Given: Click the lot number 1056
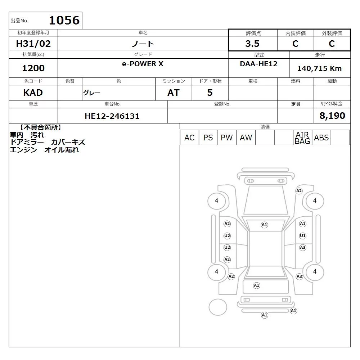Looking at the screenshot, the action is tap(64, 20).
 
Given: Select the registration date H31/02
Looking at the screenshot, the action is tap(33, 44).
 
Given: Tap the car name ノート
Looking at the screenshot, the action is tap(143, 44).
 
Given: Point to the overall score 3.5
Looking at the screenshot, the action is tap(252, 44).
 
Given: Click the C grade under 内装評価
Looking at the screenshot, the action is tap(295, 44).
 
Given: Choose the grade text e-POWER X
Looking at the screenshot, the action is tap(143, 64).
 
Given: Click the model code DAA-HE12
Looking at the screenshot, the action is tap(258, 64).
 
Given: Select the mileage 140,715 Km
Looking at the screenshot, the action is tap(319, 68).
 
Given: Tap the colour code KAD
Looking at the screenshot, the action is tap(33, 93).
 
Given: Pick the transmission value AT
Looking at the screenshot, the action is tap(174, 93).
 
